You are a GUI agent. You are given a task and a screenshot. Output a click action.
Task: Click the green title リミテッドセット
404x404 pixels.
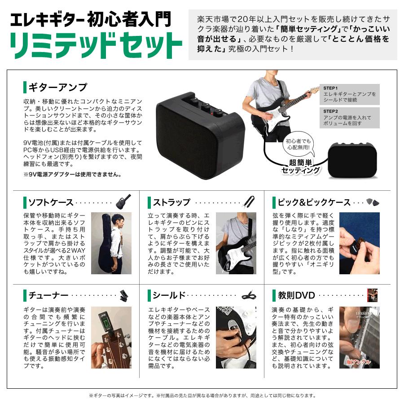96,44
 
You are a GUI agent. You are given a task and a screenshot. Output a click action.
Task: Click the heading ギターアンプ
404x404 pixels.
57,87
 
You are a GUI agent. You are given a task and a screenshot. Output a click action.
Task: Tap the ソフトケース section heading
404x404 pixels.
51,202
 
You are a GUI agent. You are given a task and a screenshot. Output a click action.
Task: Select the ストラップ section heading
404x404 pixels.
171,202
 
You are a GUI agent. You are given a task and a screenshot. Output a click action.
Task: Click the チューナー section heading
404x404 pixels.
48,295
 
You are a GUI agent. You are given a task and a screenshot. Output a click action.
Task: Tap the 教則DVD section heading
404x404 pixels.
296,295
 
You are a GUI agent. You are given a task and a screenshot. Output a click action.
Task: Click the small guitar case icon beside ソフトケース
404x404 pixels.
123,202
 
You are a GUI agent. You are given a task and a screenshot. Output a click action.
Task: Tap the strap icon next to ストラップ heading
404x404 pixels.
249,202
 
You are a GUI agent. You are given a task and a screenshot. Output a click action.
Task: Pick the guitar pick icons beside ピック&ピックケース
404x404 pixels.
373,202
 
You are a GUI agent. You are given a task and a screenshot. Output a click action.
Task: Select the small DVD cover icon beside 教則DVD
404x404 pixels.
372,294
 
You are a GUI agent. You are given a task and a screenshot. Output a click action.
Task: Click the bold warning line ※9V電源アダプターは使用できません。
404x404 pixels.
72,174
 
